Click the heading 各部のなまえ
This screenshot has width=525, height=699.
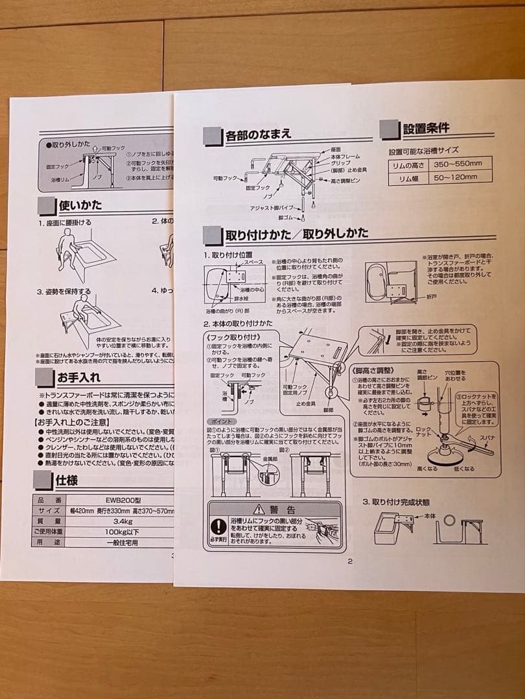(x=258, y=136)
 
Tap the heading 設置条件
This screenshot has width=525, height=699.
(x=425, y=128)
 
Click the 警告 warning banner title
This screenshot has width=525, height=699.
(x=274, y=509)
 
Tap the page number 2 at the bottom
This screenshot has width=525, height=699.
(x=350, y=560)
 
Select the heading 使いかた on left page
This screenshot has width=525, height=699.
(x=80, y=206)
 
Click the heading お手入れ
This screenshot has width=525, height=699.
(x=78, y=377)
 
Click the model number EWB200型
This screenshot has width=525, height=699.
(x=122, y=500)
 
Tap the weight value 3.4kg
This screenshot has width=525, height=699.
(x=122, y=520)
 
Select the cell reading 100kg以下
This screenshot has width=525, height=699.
(x=122, y=531)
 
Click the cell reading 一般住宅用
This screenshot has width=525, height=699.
(x=122, y=542)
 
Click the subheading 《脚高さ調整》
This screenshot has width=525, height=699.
(x=375, y=371)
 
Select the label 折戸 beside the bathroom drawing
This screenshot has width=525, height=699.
(x=432, y=294)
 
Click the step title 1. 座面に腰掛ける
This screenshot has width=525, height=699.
(x=65, y=222)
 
